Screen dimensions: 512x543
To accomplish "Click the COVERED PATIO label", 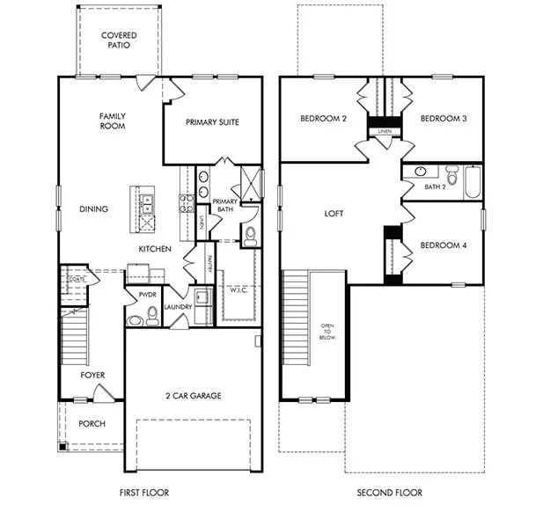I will (118, 40).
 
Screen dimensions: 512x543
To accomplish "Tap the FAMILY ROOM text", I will (112, 121).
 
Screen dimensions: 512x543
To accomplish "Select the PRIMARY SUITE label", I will (212, 122).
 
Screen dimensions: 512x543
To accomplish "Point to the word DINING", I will (93, 209).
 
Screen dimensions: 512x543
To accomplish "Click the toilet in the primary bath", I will (249, 234).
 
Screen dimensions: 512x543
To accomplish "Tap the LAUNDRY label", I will (177, 308).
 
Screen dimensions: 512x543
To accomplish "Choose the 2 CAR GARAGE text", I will (194, 396).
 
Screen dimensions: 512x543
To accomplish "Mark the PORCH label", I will (92, 424).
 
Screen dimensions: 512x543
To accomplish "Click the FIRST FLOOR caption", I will (143, 493).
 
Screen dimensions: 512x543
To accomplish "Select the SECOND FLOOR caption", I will (389, 493).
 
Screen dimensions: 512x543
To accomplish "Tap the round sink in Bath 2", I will (420, 171).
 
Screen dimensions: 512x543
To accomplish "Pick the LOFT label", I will (334, 214).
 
